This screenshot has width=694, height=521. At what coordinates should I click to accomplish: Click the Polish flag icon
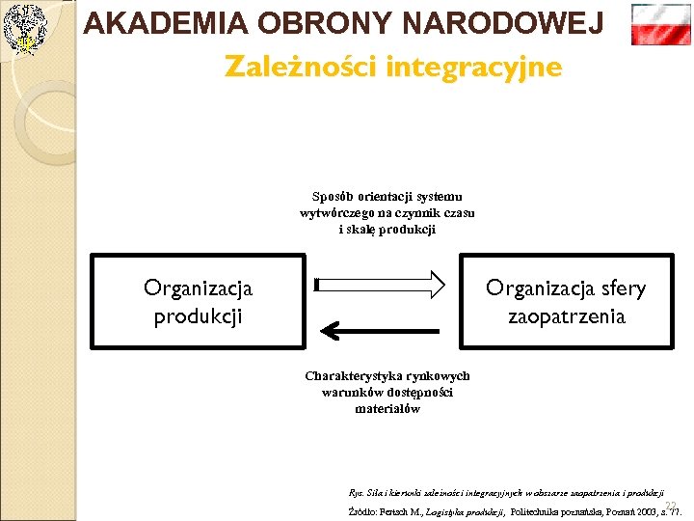point(660,24)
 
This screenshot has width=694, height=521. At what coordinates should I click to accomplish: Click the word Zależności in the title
point(301,68)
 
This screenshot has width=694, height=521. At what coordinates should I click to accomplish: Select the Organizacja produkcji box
point(198,301)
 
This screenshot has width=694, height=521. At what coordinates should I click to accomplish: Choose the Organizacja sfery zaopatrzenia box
point(566,301)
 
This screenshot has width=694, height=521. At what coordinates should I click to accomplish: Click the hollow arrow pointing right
point(380,284)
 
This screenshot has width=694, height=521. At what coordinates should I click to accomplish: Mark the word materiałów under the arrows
point(387,409)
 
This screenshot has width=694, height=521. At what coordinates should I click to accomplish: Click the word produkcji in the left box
point(198,315)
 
